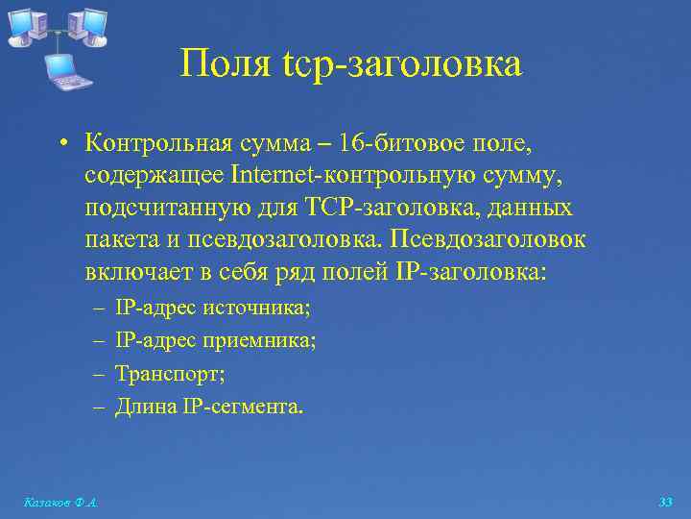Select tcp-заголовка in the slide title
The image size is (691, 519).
tap(403, 64)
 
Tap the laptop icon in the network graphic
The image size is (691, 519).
tap(62, 70)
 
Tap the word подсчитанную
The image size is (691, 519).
tap(154, 208)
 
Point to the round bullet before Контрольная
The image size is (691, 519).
tap(61, 144)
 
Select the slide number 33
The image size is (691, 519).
tap(665, 502)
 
